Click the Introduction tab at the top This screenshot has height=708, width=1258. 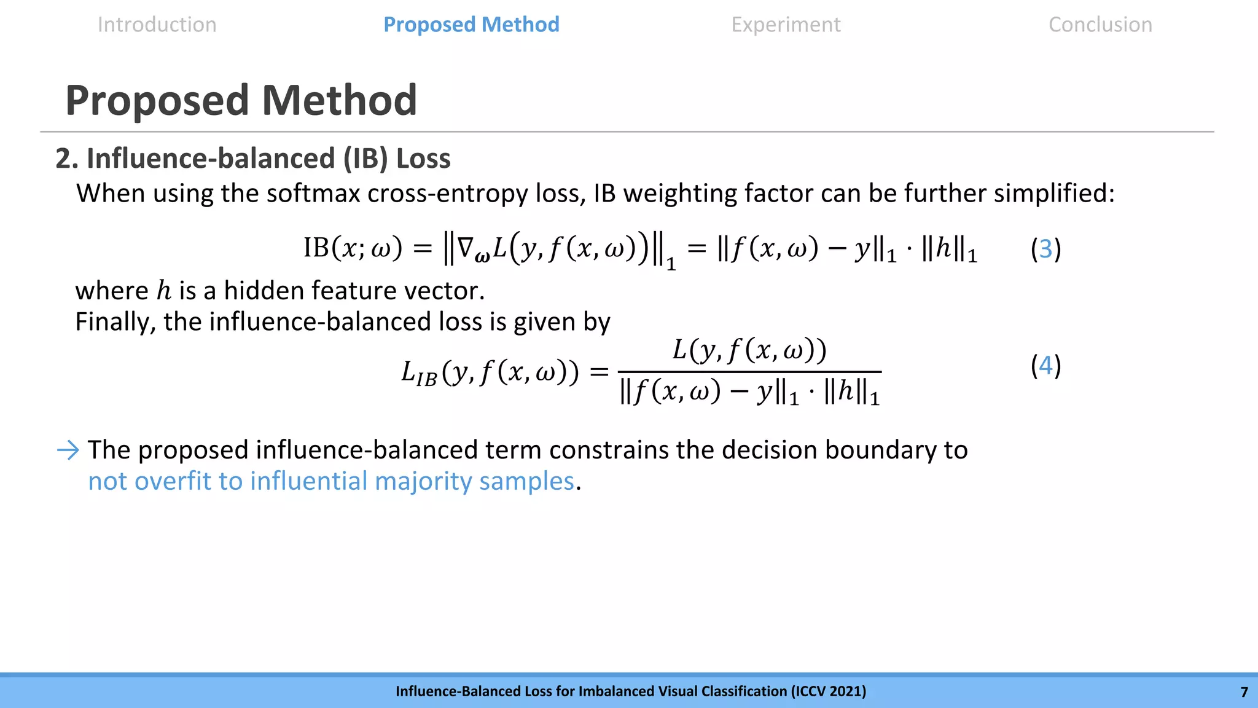tap(157, 25)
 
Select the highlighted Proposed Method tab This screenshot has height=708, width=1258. tap(471, 25)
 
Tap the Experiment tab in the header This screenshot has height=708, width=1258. tap(786, 25)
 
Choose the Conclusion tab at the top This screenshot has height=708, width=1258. tap(1100, 25)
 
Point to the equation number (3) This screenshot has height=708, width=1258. tap(1045, 249)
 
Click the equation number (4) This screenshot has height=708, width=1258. tap(1045, 366)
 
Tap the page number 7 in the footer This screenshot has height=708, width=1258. tap(1244, 692)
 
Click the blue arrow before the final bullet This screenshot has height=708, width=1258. tap(68, 450)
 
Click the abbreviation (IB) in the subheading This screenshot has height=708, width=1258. tap(365, 159)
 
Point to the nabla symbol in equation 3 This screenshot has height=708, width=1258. tap(466, 248)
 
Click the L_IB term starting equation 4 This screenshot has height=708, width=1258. tap(419, 372)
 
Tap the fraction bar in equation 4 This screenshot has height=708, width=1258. tap(749, 372)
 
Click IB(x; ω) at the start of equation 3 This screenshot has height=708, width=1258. tap(353, 248)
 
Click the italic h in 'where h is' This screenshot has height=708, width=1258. tap(163, 291)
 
